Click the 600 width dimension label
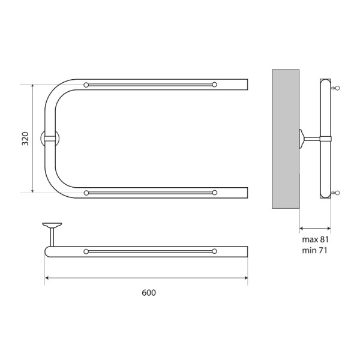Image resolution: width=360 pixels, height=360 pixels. pyautogui.click(x=149, y=293)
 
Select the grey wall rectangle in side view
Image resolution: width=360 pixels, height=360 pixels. pyautogui.click(x=286, y=139)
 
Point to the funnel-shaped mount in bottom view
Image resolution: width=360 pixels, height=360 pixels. pyautogui.click(x=52, y=226)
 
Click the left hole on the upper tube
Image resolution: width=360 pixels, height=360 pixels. pyautogui.click(x=87, y=85)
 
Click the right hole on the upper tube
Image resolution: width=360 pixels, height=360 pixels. pyautogui.click(x=214, y=85)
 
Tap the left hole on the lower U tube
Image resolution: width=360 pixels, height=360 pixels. pyautogui.click(x=87, y=193)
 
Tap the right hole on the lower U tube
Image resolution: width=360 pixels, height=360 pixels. pyautogui.click(x=214, y=193)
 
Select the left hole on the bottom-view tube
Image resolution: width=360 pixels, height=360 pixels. pyautogui.click(x=87, y=251)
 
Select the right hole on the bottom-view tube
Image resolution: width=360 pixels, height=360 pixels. pyautogui.click(x=214, y=251)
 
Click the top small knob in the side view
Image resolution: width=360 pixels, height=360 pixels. pyautogui.click(x=337, y=88)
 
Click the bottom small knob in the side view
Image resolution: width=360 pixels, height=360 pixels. pyautogui.click(x=337, y=193)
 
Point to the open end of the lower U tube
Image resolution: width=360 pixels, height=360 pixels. pyautogui.click(x=246, y=193)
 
